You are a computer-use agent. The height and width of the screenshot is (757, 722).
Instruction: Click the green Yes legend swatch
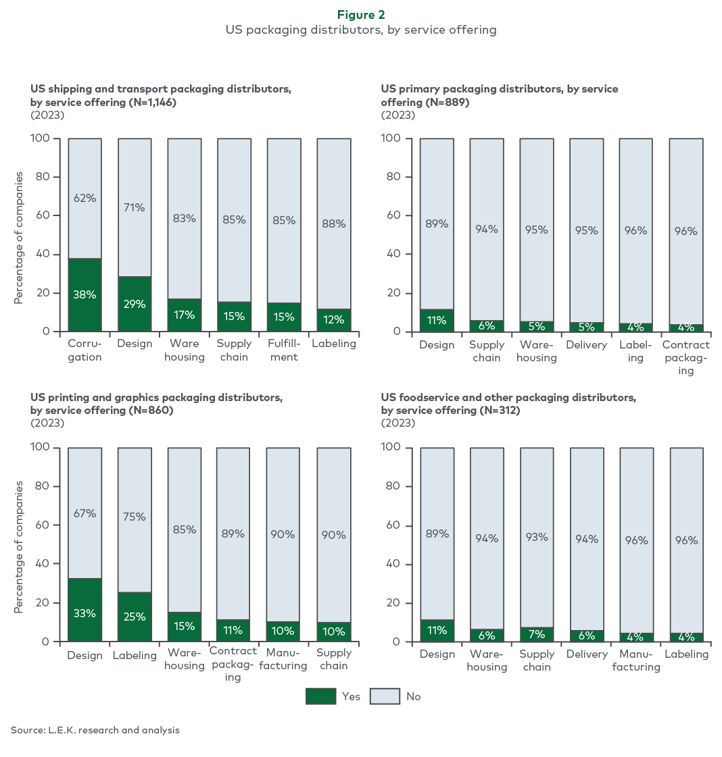tap(320, 696)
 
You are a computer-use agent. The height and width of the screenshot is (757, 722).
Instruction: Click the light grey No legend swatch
tap(385, 696)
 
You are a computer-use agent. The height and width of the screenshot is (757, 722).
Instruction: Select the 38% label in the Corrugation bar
tap(85, 294)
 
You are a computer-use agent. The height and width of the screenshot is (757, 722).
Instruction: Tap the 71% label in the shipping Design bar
tap(135, 207)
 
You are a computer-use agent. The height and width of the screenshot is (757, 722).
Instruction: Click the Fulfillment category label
tap(284, 350)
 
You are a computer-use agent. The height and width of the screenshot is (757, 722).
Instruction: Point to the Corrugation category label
tap(85, 350)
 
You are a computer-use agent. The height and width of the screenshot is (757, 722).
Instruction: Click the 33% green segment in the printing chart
tap(85, 610)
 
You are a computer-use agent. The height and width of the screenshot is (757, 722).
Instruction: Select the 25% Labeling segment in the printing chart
tap(135, 617)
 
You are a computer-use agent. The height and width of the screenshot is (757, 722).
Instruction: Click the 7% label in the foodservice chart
tap(536, 634)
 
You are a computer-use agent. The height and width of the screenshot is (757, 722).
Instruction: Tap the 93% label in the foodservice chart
tap(536, 538)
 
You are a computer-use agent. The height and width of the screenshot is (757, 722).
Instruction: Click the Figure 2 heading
tap(361, 15)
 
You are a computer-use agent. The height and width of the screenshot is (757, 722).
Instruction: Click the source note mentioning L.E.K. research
tap(95, 730)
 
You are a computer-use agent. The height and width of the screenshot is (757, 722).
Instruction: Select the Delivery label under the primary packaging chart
tap(587, 344)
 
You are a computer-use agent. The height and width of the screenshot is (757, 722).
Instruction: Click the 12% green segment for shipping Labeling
tap(334, 320)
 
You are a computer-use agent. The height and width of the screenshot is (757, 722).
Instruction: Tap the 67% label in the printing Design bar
tap(85, 514)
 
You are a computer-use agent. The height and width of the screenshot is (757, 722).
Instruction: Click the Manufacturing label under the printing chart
tap(283, 659)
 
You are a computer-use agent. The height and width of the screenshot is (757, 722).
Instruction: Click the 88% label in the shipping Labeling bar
tap(334, 224)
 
